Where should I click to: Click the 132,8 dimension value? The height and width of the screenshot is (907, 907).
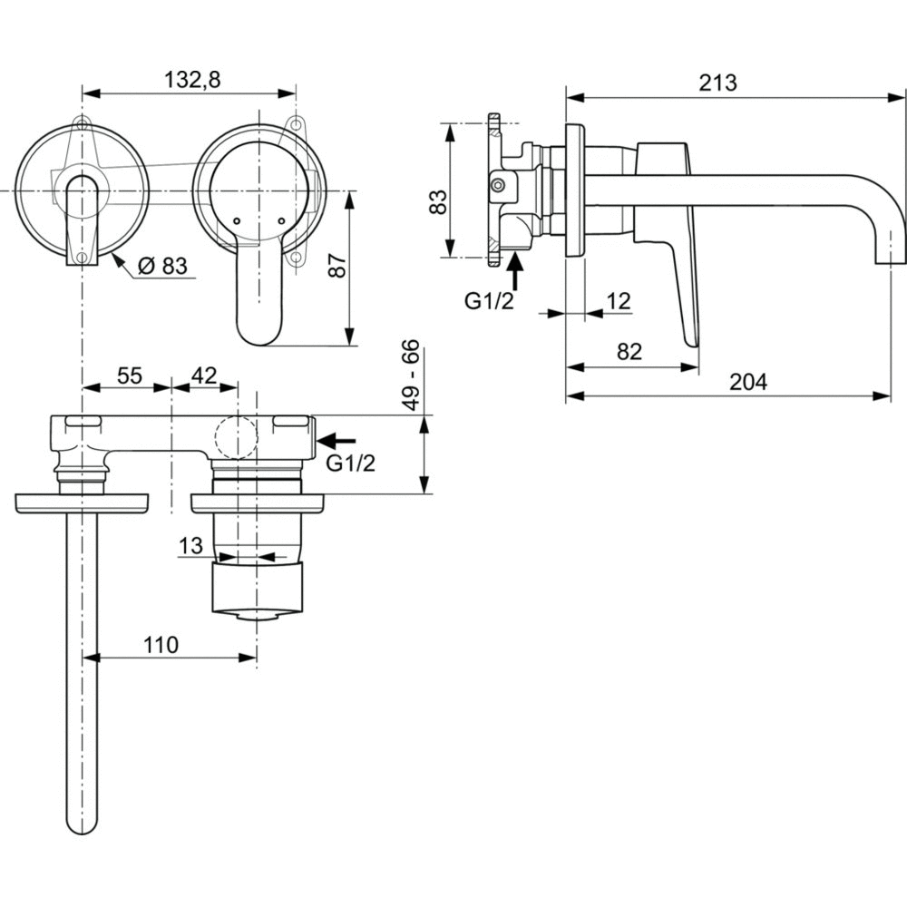[192, 79]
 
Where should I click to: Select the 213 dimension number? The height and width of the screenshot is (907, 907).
[717, 82]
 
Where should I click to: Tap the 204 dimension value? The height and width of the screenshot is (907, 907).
[748, 382]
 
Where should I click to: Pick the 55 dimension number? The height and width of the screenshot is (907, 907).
[129, 375]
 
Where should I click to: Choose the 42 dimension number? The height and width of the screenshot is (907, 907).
[205, 375]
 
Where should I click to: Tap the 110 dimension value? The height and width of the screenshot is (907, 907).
[161, 644]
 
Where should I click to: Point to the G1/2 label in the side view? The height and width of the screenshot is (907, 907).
[490, 301]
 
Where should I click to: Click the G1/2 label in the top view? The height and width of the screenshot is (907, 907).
[350, 463]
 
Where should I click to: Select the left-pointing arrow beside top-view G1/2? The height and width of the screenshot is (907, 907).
[338, 440]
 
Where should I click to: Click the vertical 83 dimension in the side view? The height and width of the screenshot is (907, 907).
[437, 200]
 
